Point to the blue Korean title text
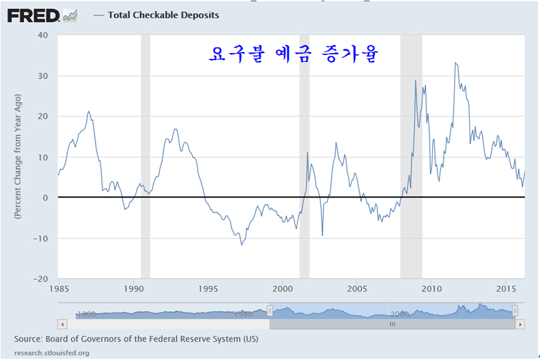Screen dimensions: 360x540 click(x=292, y=55)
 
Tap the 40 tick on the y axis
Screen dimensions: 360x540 click(x=43, y=35)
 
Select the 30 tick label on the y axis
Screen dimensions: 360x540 click(x=43, y=76)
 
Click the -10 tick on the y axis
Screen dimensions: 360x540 click(x=41, y=239)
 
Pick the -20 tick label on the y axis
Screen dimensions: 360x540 click(x=41, y=279)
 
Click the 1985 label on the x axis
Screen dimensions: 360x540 click(x=58, y=289)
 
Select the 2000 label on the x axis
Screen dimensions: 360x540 click(x=282, y=289)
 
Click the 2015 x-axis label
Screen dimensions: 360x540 click(x=506, y=289)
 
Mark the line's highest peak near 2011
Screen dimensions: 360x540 click(x=455, y=63)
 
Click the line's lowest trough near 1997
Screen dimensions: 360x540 click(x=241, y=245)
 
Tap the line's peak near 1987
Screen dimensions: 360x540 click(x=89, y=111)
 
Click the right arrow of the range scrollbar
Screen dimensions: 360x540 click(x=520, y=324)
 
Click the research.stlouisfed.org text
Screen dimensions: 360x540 click(x=52, y=352)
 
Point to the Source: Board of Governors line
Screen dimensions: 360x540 click(x=136, y=339)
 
